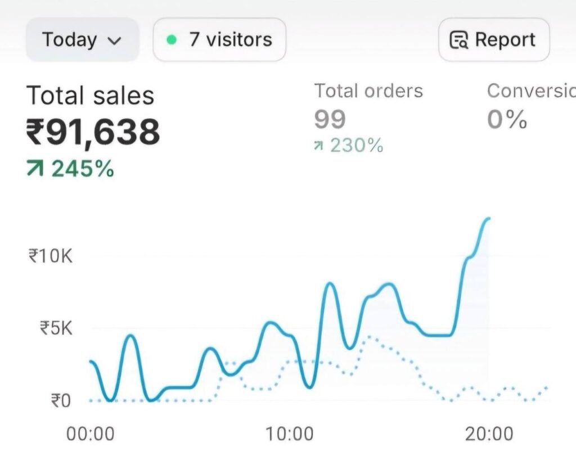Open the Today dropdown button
tap(82, 40)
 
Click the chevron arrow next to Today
tap(114, 40)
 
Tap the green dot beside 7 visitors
tap(172, 40)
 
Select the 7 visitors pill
tap(219, 40)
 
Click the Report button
tap(493, 40)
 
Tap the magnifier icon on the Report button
tap(459, 40)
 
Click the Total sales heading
tap(90, 96)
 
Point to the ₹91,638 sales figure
tap(93, 132)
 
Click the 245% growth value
tap(83, 168)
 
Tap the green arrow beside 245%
tap(35, 168)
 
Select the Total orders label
tap(368, 91)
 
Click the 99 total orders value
tap(330, 119)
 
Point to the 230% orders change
tap(356, 146)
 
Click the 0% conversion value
tap(507, 119)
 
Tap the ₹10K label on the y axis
tap(51, 256)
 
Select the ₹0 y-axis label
tap(62, 401)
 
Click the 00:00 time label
tap(90, 434)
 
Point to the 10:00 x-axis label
tap(290, 434)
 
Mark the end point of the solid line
tap(489, 218)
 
